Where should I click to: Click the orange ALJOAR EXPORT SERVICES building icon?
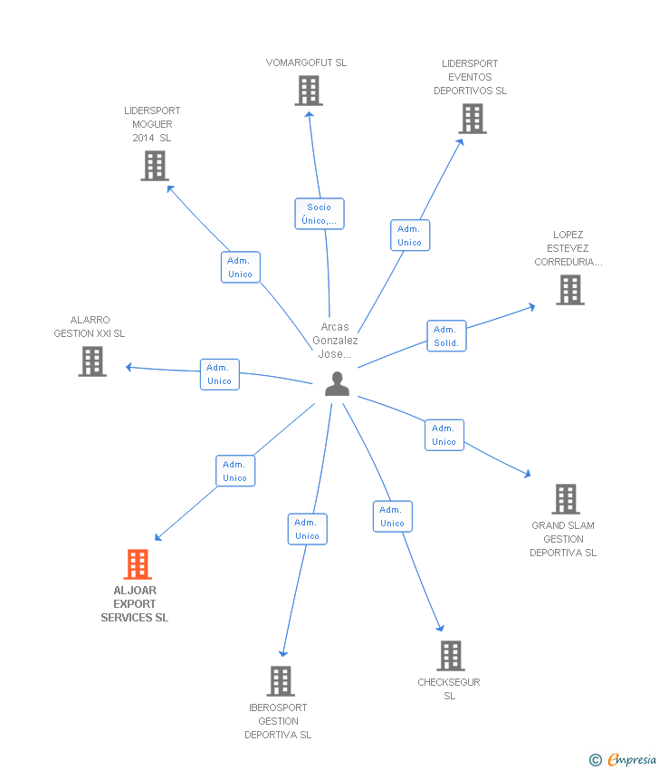coord(137,564)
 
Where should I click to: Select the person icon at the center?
coord(337,384)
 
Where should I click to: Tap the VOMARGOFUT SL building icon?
coord(309,91)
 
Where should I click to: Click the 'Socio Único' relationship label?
coord(320,214)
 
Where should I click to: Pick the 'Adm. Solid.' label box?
coord(446,336)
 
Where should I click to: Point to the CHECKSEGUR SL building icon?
coord(450,656)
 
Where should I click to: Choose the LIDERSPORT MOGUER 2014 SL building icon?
coord(155,166)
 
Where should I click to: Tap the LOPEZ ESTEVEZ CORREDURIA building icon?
coord(569,290)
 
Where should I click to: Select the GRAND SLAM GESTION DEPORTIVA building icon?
coord(565,499)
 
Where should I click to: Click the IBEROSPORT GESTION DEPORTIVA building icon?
coord(281,681)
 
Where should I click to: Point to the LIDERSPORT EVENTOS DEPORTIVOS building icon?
coord(472,119)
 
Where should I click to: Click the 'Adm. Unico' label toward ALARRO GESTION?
coord(219,374)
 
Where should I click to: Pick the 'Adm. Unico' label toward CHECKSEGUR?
coord(392,516)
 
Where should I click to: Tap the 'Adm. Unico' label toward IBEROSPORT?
coord(307,529)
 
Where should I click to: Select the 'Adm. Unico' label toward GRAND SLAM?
coord(444,435)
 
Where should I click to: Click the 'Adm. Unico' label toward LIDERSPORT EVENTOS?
coord(409,236)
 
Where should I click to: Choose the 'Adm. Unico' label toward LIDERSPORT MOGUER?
coord(240,267)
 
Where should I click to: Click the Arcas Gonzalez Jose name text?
coord(335,341)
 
